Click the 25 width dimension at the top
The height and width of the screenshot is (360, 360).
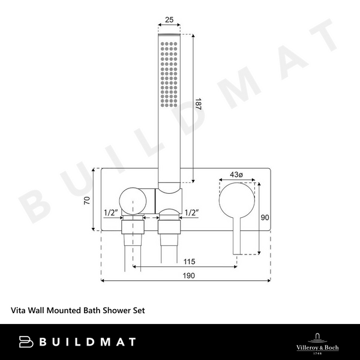pos(169,20)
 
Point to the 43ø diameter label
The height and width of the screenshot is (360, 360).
pos(237,175)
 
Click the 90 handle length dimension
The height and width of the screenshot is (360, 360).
pos(266,218)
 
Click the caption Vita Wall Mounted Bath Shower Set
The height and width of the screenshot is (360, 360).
pos(78,311)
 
